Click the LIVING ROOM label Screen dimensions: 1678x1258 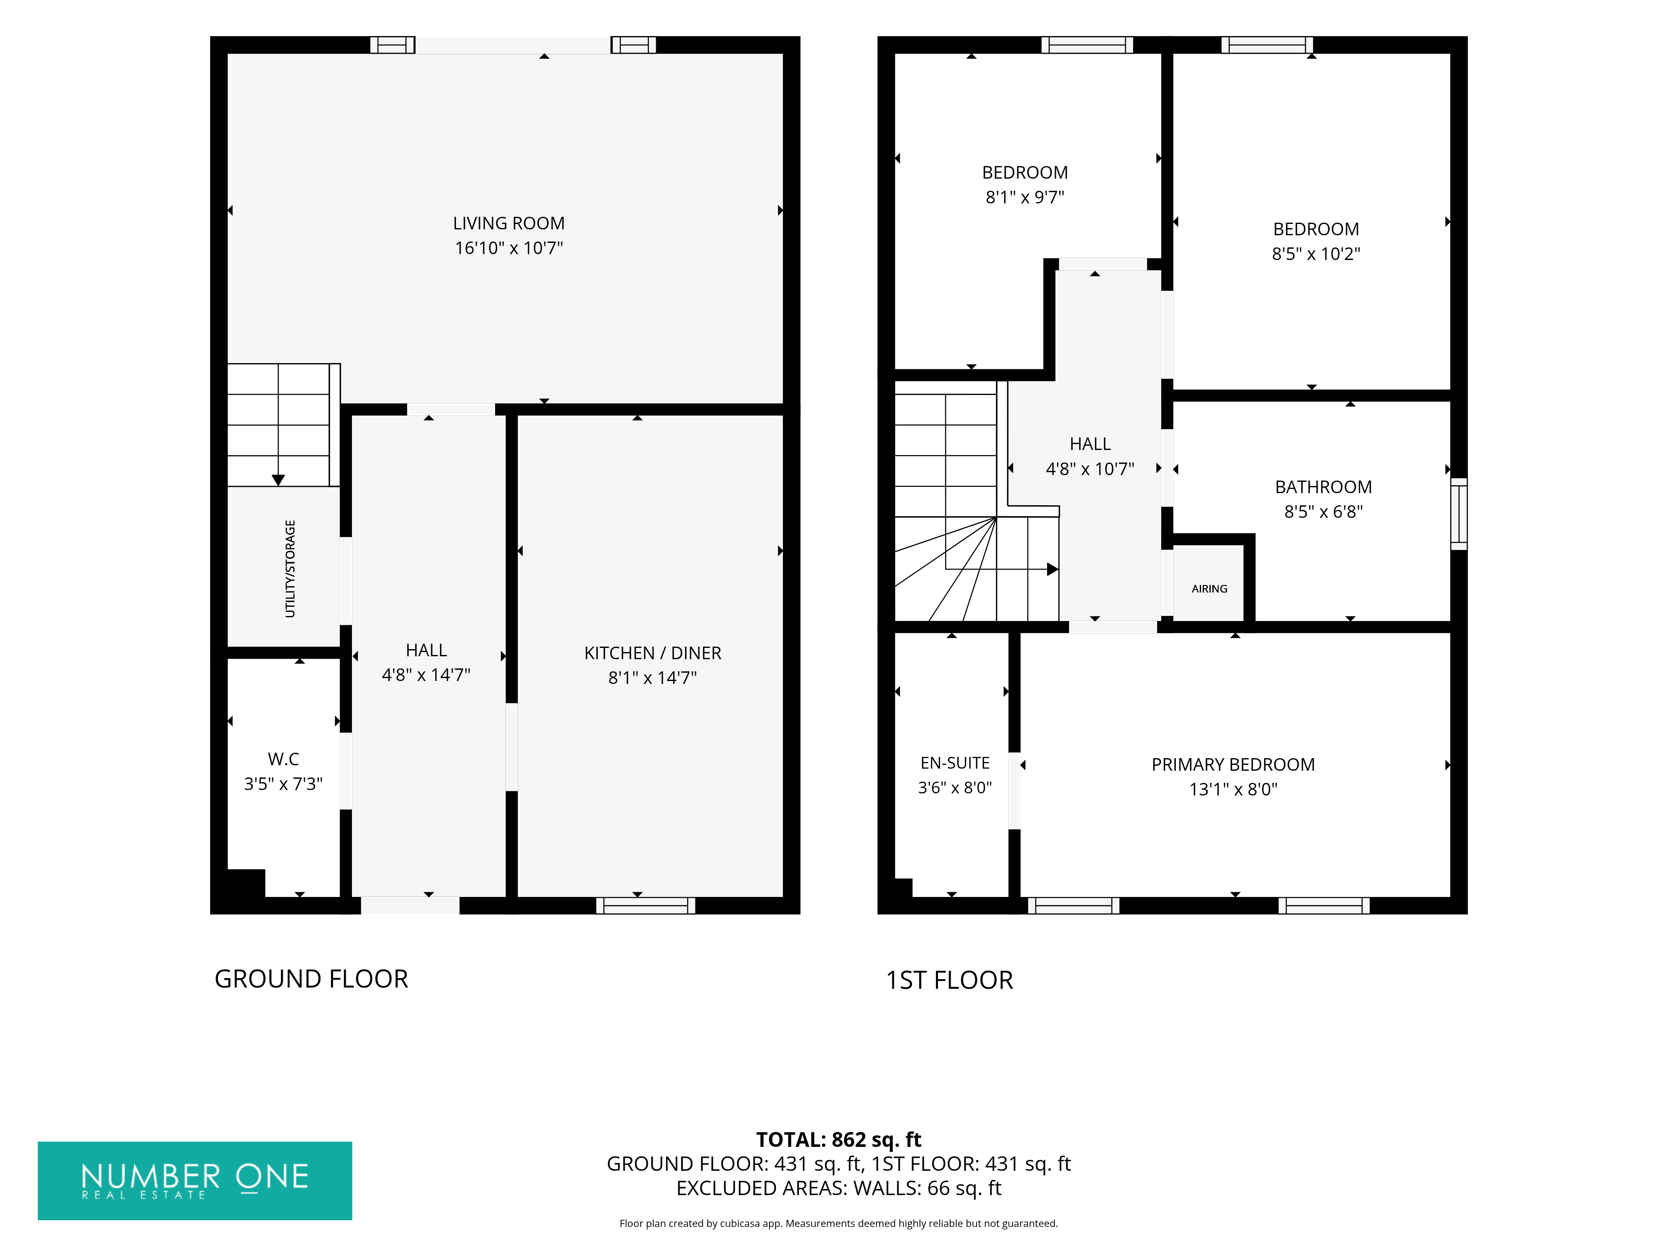(x=508, y=224)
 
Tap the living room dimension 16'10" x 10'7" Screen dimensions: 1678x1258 (x=508, y=248)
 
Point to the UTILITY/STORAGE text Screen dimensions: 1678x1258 (x=290, y=569)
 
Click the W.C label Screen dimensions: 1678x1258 (x=283, y=759)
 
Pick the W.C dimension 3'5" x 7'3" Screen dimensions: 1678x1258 (x=283, y=784)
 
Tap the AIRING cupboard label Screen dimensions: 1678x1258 (x=1209, y=589)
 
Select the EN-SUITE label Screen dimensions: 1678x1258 (x=955, y=763)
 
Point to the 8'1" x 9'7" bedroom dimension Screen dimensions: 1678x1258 (x=1025, y=197)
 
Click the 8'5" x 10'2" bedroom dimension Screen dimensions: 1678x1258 (x=1316, y=254)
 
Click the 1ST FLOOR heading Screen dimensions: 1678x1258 (x=950, y=980)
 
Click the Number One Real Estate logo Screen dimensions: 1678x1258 (x=195, y=1181)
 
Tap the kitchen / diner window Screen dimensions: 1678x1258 (x=646, y=905)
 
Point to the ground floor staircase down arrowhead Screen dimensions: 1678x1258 (x=279, y=480)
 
